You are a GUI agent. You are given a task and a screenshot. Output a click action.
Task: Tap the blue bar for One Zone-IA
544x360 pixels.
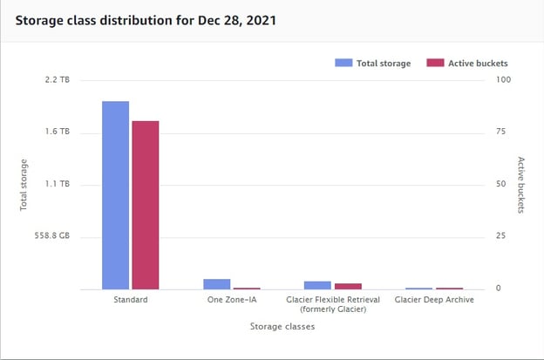216,283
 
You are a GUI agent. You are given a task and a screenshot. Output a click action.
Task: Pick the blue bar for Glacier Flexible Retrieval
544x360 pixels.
317,284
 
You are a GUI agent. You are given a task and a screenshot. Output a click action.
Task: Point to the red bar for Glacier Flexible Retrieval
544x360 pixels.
347,285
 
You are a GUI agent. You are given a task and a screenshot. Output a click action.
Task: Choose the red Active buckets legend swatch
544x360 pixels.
435,63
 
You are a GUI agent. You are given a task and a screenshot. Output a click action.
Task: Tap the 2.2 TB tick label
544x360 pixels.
58,79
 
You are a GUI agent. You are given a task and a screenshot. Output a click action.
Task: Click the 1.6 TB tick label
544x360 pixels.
58,132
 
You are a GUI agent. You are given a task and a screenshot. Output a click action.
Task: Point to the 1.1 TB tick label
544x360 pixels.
58,184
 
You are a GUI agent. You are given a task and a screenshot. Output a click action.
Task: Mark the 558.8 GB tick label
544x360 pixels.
52,236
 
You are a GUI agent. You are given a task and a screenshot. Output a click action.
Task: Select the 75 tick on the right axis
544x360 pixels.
499,132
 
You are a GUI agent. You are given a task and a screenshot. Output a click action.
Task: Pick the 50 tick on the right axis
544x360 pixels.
499,184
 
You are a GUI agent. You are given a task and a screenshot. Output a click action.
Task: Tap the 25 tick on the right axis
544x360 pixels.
499,236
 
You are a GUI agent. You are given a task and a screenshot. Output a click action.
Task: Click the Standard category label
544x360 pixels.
130,300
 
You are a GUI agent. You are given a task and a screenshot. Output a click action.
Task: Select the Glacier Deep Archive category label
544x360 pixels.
434,300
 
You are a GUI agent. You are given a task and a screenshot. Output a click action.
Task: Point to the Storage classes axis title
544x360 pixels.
282,327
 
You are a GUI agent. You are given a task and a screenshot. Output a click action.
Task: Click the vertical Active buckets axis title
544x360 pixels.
520,186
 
